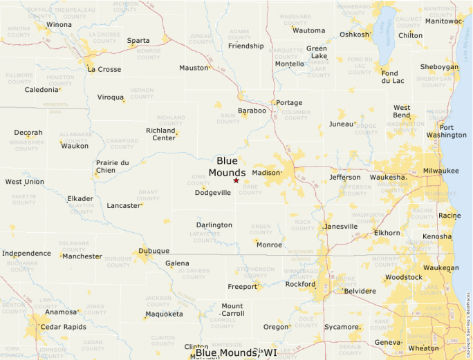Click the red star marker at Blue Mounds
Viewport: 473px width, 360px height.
pyautogui.click(x=236, y=180)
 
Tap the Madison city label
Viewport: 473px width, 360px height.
pyautogui.click(x=266, y=173)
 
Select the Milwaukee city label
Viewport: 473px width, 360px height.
pyautogui.click(x=440, y=170)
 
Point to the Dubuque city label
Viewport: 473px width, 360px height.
pyautogui.click(x=154, y=251)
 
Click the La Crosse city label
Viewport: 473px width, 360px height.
pyautogui.click(x=104, y=69)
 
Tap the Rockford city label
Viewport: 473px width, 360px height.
pyautogui.click(x=300, y=284)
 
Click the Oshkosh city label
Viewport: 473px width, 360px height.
pyautogui.click(x=355, y=35)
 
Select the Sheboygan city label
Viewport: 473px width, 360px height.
pyautogui.click(x=439, y=67)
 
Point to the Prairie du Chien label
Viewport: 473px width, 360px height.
pyautogui.click(x=112, y=167)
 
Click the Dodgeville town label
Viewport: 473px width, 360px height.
pyautogui.click(x=213, y=193)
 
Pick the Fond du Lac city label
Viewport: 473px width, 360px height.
pyautogui.click(x=389, y=77)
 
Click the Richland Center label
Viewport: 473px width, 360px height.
pyautogui.click(x=160, y=134)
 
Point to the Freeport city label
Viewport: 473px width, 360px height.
pyautogui.click(x=242, y=286)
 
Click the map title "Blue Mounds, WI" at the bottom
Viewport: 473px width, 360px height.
pyautogui.click(x=236, y=353)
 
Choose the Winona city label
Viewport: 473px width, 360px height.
pyautogui.click(x=58, y=25)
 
